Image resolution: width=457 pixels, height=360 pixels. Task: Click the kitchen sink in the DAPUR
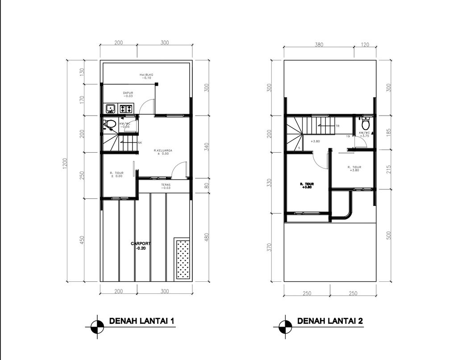click(110, 108)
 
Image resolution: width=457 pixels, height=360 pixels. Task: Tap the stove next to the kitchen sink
click(125, 108)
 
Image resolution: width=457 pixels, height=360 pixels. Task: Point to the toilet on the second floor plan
click(366, 123)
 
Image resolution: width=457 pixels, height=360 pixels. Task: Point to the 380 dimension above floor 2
click(319, 45)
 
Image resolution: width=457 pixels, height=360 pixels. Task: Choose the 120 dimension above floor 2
click(366, 45)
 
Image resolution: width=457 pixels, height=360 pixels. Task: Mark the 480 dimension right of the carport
click(206, 237)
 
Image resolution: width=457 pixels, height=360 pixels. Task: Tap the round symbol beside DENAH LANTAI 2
click(282, 327)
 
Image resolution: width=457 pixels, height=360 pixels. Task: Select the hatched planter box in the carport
click(182, 259)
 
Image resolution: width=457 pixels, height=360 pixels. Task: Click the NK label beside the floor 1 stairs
click(140, 143)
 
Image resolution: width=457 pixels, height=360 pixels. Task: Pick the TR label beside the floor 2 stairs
click(337, 126)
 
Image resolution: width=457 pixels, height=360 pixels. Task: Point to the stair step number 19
click(347, 136)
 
